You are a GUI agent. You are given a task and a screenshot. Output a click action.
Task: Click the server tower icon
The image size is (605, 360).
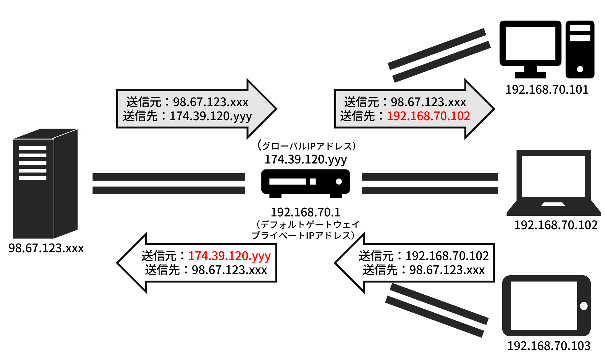45,183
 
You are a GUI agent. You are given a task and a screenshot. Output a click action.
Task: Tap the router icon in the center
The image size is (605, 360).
306,183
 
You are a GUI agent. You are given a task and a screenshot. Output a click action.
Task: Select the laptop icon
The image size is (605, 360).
554,183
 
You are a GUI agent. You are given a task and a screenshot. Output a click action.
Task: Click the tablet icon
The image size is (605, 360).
546,306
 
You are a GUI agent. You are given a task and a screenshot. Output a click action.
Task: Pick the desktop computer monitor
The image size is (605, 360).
530,49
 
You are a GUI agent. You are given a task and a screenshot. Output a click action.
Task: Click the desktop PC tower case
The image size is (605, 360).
580,49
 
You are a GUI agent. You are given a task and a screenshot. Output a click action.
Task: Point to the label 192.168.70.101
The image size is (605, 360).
547,90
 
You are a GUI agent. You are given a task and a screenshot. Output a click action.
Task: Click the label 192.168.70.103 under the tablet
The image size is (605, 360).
549,346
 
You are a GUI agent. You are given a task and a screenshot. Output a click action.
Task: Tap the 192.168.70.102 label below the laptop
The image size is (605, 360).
556,225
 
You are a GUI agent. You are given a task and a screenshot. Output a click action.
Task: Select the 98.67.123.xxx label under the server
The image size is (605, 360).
46,248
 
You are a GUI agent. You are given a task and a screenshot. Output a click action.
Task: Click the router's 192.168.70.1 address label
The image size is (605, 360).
306,212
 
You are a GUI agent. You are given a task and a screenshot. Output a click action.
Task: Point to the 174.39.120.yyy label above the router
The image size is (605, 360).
306,159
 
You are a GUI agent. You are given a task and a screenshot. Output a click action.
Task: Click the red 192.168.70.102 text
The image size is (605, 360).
428,116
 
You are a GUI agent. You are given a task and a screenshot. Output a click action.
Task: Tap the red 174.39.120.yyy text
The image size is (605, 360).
230,256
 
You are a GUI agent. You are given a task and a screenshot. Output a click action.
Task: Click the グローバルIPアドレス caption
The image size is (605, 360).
307,146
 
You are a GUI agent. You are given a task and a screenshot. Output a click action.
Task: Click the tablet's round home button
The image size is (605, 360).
584,306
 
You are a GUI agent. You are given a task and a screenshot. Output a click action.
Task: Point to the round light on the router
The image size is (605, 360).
339,182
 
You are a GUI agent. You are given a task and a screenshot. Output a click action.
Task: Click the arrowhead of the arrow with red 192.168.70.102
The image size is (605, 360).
494,109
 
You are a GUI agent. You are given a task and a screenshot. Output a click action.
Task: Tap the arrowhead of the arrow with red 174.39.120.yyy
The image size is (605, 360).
117,263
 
